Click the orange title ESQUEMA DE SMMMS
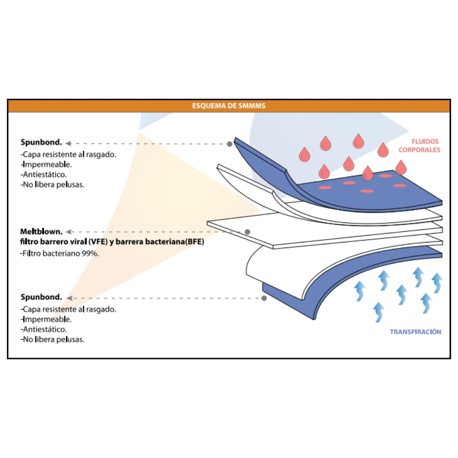(x=229, y=106)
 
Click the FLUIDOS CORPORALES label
(x=419, y=146)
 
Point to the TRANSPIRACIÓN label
(x=415, y=332)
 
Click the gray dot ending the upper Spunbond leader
(x=229, y=144)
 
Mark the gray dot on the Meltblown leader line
(x=247, y=232)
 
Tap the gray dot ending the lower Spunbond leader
(x=264, y=298)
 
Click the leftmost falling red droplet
(x=304, y=154)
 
